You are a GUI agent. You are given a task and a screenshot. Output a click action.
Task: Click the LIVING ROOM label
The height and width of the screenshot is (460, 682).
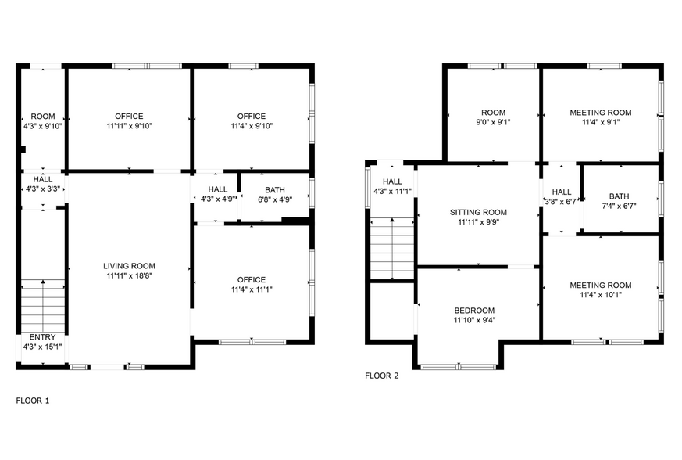click(129, 266)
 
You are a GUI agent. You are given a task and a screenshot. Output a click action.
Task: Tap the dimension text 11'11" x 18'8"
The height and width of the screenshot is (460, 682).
click(129, 276)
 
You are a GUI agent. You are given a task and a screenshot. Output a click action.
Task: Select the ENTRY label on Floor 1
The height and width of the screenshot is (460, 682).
click(42, 337)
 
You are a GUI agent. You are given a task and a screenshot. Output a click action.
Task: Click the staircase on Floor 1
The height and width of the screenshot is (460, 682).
click(42, 298)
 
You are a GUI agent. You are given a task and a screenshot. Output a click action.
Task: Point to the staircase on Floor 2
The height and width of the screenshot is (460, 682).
click(391, 248)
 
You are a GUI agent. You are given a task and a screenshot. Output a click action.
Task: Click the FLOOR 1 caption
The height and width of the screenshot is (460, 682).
click(33, 401)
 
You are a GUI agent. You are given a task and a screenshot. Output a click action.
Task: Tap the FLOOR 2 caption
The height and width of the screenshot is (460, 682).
click(382, 376)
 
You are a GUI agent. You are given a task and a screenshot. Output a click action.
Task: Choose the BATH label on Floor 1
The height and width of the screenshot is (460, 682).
click(275, 189)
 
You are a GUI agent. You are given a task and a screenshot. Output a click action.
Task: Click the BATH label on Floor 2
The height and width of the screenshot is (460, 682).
click(619, 196)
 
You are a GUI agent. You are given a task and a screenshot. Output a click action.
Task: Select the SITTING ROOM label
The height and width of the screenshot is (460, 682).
click(478, 212)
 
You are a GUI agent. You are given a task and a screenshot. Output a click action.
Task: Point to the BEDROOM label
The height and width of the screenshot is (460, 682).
click(474, 310)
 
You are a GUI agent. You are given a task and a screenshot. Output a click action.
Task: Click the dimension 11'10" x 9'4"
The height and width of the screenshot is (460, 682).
click(474, 320)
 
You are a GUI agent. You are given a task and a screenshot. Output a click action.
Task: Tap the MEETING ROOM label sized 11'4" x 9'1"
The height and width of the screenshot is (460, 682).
click(601, 112)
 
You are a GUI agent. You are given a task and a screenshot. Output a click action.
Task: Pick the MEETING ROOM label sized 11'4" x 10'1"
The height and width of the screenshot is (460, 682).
click(601, 285)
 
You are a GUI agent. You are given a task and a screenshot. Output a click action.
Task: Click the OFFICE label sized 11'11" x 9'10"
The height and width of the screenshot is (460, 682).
click(129, 116)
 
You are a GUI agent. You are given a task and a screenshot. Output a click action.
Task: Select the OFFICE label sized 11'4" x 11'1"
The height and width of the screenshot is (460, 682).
click(252, 279)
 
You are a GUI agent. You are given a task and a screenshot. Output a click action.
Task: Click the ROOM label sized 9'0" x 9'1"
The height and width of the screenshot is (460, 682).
click(493, 112)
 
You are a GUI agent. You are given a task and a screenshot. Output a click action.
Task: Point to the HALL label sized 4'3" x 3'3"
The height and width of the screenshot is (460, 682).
click(42, 178)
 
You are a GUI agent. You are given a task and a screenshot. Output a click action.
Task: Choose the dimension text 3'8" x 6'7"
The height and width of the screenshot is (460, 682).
click(562, 202)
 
